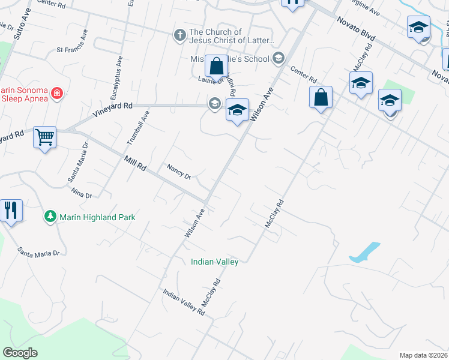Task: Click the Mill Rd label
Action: point(134,164)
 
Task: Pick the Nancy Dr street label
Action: point(178,172)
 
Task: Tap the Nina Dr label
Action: point(81,194)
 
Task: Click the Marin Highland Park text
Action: point(97,217)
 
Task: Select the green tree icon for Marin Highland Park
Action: point(50,217)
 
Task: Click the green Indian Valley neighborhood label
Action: point(214,262)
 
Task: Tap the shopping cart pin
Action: point(44,138)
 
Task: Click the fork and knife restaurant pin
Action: point(11,211)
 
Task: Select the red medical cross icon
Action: point(56,93)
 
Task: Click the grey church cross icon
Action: point(179,35)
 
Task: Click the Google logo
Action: point(20,353)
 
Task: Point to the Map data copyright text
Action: point(424,355)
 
